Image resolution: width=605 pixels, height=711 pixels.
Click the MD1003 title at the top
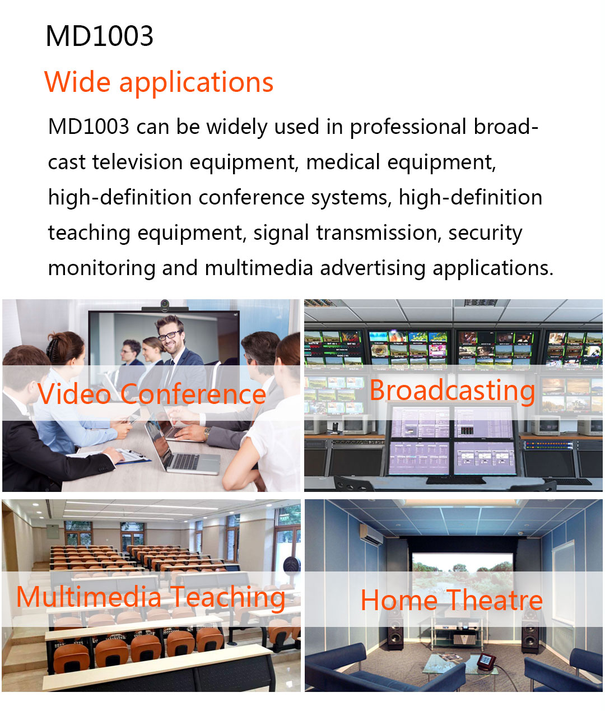[99, 36]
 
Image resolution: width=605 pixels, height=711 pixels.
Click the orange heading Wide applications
[159, 82]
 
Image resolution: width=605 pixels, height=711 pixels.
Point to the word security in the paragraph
[485, 233]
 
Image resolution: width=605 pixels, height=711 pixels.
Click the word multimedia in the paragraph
[259, 268]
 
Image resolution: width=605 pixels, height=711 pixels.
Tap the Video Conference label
[152, 394]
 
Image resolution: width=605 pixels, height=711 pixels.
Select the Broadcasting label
[452, 391]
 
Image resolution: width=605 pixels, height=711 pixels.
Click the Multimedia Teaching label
[151, 597]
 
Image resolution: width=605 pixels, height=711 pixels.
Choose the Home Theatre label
[452, 600]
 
